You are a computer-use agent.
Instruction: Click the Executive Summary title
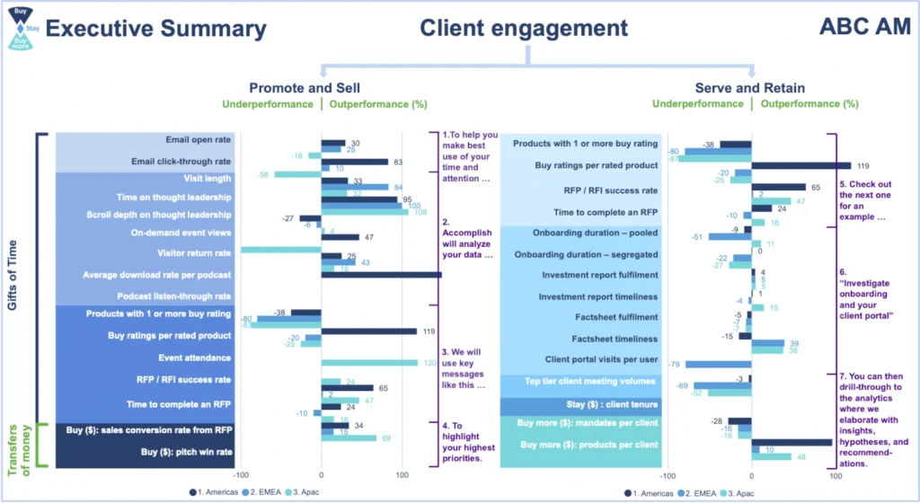[x=156, y=29]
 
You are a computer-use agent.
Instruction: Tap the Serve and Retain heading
[x=749, y=87]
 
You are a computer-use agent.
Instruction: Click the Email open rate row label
[x=198, y=140]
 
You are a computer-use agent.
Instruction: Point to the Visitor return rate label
[x=191, y=253]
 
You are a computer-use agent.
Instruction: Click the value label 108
[x=419, y=212]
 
